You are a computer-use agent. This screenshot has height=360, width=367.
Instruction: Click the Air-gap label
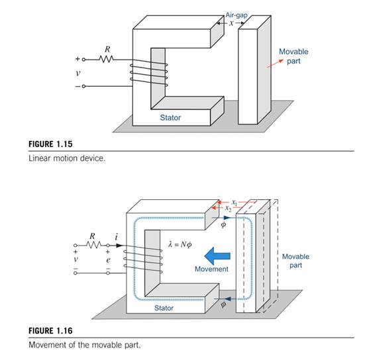click(236, 15)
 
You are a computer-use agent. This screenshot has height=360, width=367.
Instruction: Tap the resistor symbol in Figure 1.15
click(106, 59)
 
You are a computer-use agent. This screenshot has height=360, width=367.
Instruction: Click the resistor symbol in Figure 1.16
click(93, 245)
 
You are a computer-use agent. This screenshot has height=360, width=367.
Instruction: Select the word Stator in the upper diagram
click(170, 117)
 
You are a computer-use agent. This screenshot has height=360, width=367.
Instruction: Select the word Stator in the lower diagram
click(164, 308)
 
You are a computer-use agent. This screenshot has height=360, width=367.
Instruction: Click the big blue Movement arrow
click(217, 256)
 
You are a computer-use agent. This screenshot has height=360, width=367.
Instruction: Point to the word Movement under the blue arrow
click(211, 269)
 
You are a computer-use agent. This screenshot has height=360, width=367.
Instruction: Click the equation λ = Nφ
click(180, 244)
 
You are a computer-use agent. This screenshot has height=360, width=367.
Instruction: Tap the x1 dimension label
click(235, 202)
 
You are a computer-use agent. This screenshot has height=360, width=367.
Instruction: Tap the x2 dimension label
click(228, 208)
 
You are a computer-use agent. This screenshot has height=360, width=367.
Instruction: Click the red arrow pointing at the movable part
click(275, 64)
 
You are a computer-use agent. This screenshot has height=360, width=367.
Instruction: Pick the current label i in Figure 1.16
click(117, 237)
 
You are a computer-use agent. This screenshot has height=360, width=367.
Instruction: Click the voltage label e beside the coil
click(108, 259)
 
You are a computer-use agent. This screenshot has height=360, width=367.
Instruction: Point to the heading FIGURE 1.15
click(50, 144)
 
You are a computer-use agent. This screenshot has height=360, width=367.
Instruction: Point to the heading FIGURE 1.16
click(50, 331)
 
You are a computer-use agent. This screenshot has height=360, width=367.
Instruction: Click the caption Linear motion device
click(67, 158)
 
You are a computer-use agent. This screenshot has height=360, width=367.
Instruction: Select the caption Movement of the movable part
click(85, 345)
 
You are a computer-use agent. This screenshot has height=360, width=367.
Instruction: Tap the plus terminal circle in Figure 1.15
click(83, 60)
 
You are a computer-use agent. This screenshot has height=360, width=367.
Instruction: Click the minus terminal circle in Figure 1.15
click(83, 86)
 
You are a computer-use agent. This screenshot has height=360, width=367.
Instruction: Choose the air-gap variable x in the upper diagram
click(231, 23)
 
